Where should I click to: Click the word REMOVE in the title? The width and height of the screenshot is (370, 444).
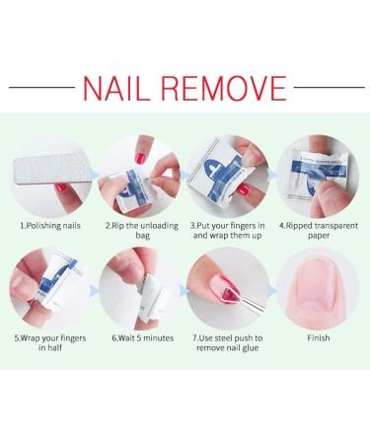[x=224, y=88]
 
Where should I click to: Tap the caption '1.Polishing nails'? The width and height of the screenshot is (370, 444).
[x=50, y=226]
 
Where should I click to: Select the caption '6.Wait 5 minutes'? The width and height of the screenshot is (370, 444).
[x=143, y=338]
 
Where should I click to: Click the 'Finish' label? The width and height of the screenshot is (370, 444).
[x=319, y=338]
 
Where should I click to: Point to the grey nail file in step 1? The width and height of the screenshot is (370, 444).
[x=51, y=170]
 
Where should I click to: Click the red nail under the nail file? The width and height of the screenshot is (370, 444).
[x=61, y=188]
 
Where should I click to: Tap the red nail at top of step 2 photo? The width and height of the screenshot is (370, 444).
[x=140, y=158]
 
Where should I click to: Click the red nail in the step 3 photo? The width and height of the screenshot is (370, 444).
[x=244, y=189]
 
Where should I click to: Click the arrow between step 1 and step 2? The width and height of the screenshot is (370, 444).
[x=95, y=175]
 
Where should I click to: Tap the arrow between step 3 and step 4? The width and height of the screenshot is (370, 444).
[x=272, y=176]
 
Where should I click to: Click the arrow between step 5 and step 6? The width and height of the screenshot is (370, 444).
[x=94, y=291]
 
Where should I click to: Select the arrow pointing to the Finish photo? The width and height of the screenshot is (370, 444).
[x=272, y=291]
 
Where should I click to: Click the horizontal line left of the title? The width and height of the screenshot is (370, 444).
[x=42, y=88]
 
